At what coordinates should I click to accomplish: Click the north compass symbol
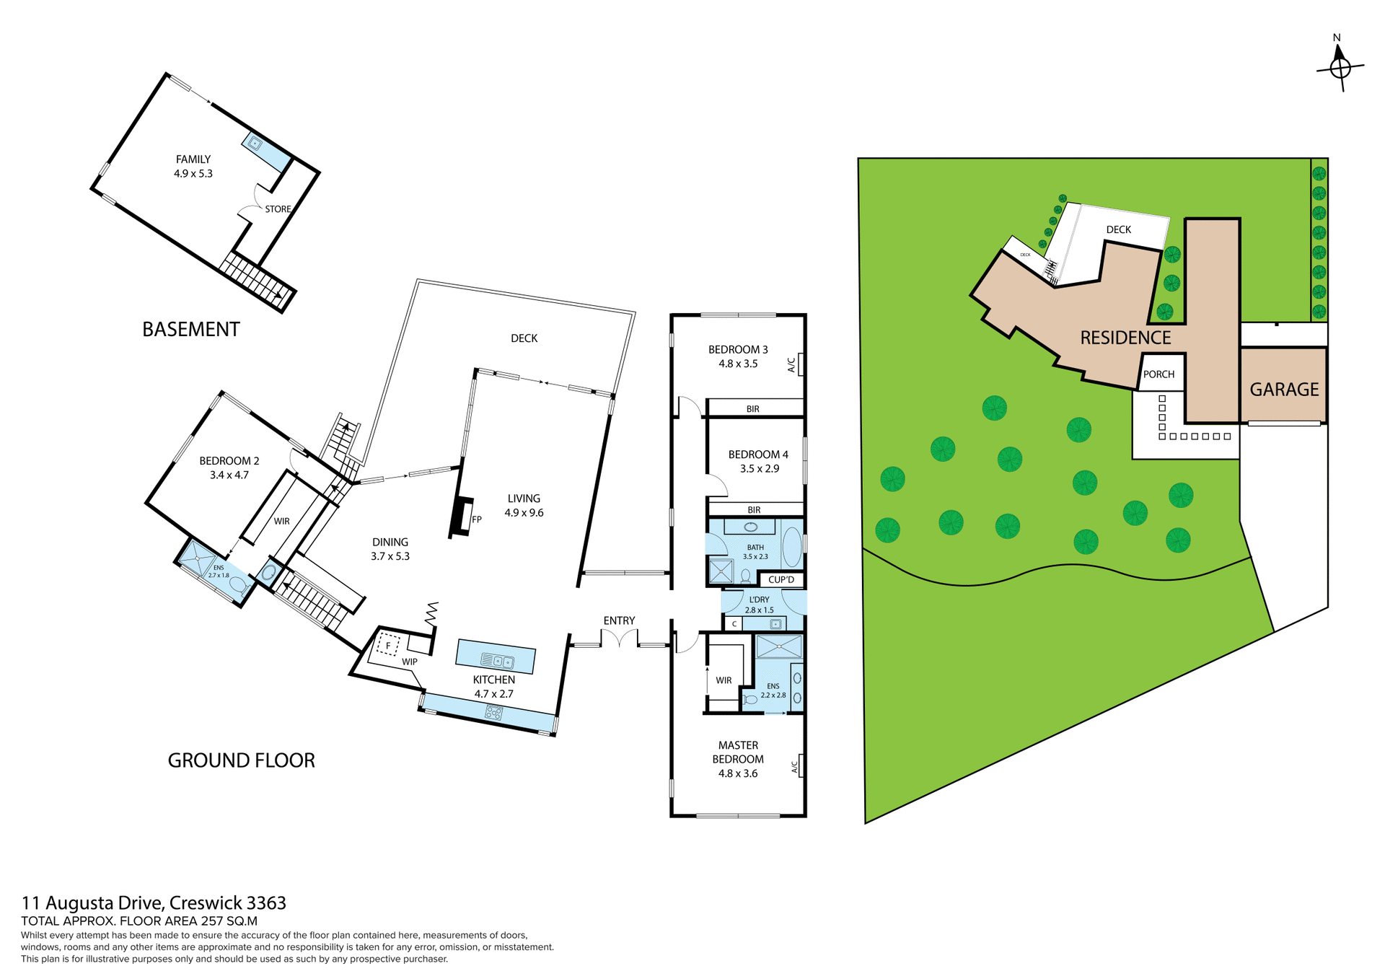1340,68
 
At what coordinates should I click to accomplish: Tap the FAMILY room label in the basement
193,159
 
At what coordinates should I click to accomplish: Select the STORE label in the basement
278,209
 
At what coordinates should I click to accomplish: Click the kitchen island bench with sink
496,657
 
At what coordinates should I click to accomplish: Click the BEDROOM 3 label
738,350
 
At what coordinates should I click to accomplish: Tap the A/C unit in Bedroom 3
800,364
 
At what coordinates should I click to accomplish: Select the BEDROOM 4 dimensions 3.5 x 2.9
759,469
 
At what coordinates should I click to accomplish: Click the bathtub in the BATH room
791,548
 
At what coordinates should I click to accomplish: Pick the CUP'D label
781,580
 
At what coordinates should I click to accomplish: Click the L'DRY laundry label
759,600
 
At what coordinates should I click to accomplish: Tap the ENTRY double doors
620,639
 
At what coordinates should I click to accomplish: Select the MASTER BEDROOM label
738,752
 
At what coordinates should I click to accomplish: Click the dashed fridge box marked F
388,644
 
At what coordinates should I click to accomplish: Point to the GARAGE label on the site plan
1284,390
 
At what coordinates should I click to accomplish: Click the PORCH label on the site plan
1158,374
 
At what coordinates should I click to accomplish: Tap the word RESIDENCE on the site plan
1125,338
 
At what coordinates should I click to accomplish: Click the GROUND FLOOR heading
241,760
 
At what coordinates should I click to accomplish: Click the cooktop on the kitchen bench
494,713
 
